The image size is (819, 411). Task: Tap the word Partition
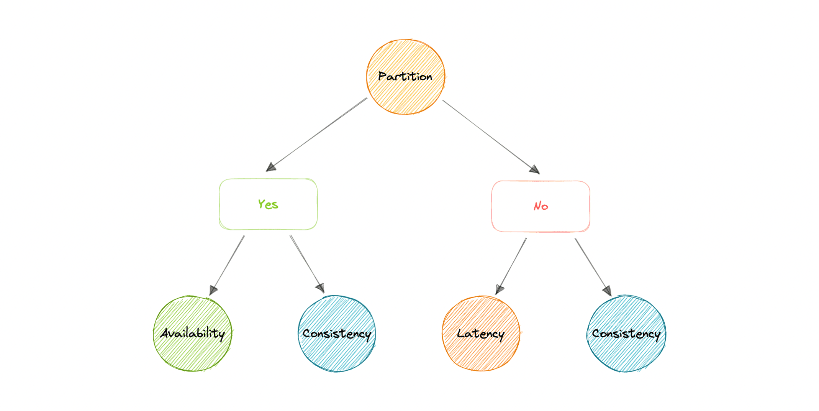click(x=405, y=77)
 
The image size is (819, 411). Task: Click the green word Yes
click(x=268, y=204)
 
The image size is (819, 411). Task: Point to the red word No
click(x=541, y=206)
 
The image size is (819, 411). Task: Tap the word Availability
click(x=193, y=334)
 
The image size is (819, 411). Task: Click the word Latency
click(x=481, y=334)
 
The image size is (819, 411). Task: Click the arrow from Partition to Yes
click(x=318, y=132)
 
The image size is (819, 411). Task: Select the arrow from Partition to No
click(x=490, y=136)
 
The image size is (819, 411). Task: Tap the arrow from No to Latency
click(x=511, y=266)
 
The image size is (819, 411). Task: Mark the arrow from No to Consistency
click(x=592, y=266)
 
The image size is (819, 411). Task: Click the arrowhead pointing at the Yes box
click(x=271, y=167)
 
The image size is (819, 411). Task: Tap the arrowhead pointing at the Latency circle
click(x=499, y=289)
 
